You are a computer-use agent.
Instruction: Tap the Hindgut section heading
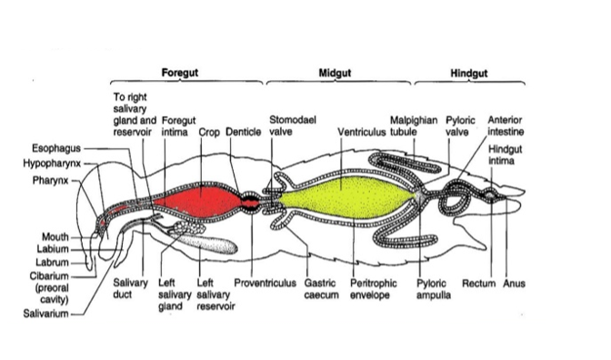(469, 72)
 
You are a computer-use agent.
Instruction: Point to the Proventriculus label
(265, 284)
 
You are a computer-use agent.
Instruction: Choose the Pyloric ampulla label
(436, 289)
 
